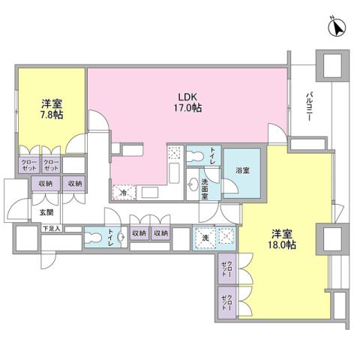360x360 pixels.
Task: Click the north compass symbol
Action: (335, 28)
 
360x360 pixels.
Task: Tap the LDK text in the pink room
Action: (187, 96)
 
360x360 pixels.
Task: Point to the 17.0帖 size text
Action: (188, 108)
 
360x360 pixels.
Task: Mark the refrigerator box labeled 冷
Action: (124, 193)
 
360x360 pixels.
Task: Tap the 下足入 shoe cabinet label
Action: (49, 228)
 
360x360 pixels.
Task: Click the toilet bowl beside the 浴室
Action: (197, 155)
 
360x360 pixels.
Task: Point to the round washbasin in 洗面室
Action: (193, 185)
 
